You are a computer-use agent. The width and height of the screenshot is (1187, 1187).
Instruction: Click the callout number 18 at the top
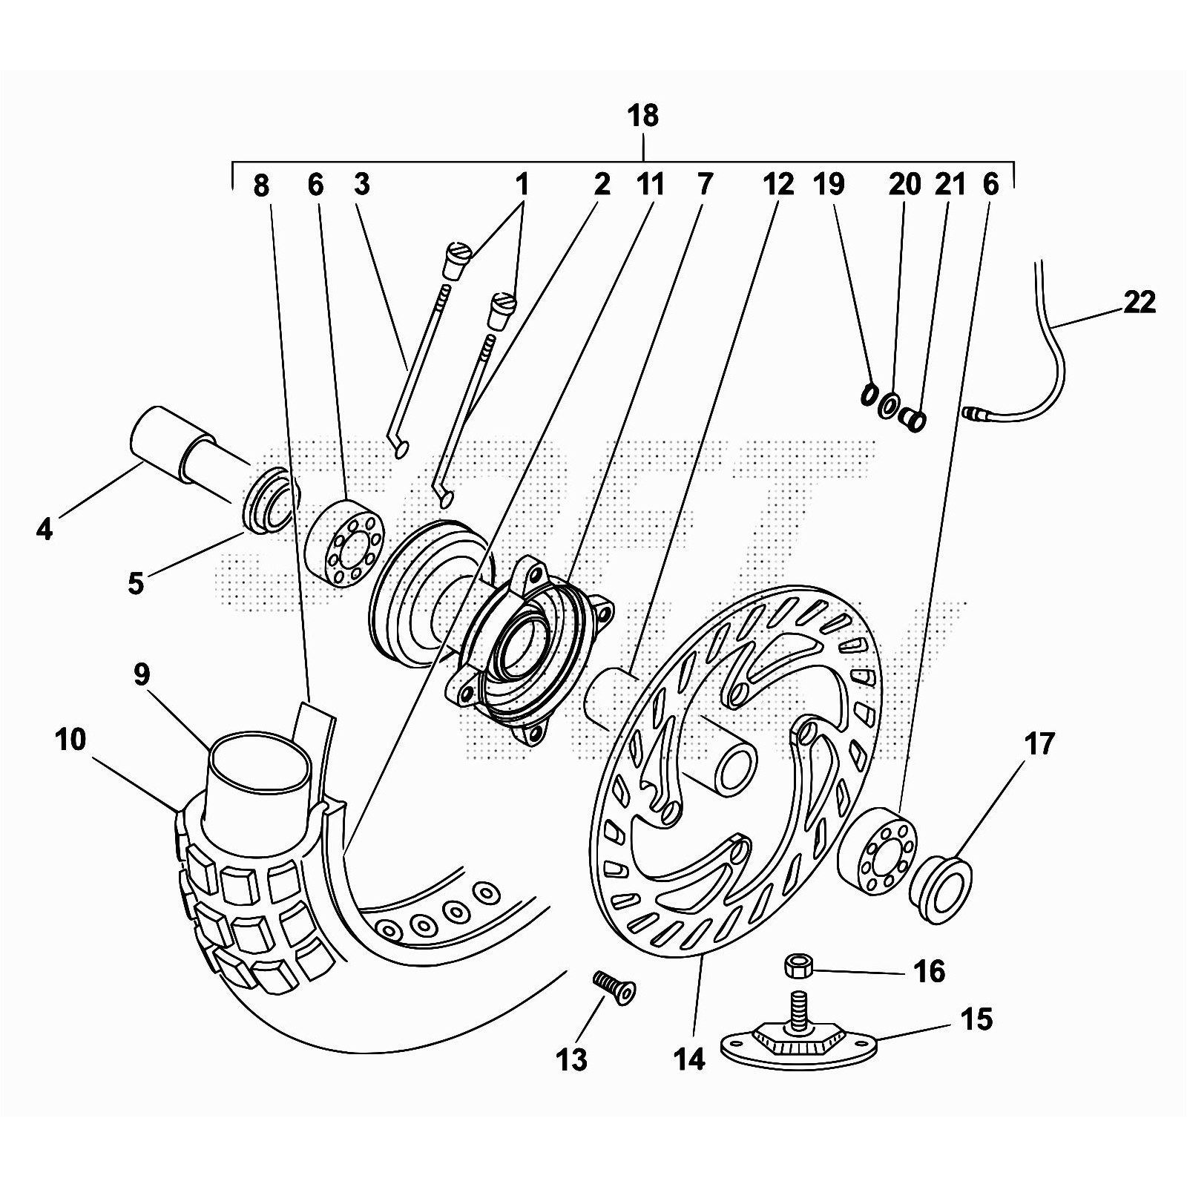[x=642, y=116]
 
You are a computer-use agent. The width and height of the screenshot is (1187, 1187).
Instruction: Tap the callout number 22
[x=1140, y=302]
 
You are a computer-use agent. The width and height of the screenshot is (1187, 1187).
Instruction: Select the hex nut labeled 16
[x=799, y=966]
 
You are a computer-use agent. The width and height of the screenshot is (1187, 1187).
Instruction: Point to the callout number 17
[x=1039, y=743]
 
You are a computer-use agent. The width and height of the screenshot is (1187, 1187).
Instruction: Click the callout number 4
[x=45, y=529]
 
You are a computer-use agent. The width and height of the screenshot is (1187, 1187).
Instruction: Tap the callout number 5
[x=135, y=582]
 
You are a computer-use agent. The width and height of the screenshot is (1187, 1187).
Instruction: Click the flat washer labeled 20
[x=887, y=407]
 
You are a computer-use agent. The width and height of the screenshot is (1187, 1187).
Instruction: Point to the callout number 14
[x=689, y=1059]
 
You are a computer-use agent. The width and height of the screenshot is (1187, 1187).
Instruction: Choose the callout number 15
[x=977, y=1019]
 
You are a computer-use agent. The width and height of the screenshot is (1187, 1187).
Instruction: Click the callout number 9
[x=142, y=674]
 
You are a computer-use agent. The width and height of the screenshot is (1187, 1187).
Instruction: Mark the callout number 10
[x=70, y=739]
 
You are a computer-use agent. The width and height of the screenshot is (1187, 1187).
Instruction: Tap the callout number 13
[x=571, y=1059]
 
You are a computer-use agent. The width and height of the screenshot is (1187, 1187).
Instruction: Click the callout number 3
[x=361, y=184]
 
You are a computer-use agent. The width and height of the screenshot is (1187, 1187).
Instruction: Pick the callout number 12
[x=778, y=184]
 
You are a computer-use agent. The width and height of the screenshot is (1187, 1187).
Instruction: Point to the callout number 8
[x=261, y=185]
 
